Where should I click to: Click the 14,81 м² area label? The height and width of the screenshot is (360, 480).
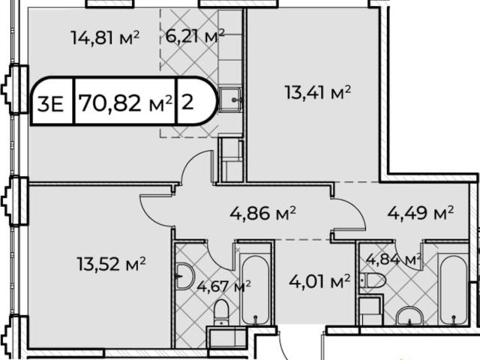point(105,37)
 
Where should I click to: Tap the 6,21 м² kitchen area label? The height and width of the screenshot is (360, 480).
point(195,36)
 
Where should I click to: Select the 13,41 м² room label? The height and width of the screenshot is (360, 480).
point(317,92)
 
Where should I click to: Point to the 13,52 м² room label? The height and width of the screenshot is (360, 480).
point(111,263)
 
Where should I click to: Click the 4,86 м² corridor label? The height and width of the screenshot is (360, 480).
point(263,213)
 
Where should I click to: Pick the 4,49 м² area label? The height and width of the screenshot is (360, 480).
point(420,213)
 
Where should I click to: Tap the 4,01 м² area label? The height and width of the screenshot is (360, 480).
point(319,281)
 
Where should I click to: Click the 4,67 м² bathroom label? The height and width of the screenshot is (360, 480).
point(223,286)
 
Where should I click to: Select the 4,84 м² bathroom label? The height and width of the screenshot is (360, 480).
point(394,259)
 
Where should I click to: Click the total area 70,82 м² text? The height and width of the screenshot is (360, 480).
point(125,103)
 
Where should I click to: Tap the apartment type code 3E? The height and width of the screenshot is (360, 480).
point(50,103)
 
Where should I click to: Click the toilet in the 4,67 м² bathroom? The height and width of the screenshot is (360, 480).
point(221,312)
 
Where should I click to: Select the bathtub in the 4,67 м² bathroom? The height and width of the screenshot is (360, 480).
point(256,289)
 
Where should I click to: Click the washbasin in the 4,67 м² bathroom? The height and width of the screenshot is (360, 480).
point(185,276)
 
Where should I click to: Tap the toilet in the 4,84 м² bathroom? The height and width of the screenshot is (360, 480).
point(373,280)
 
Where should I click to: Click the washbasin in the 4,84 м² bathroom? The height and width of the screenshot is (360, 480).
point(410,316)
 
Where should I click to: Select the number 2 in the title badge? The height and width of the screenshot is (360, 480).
point(187,102)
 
